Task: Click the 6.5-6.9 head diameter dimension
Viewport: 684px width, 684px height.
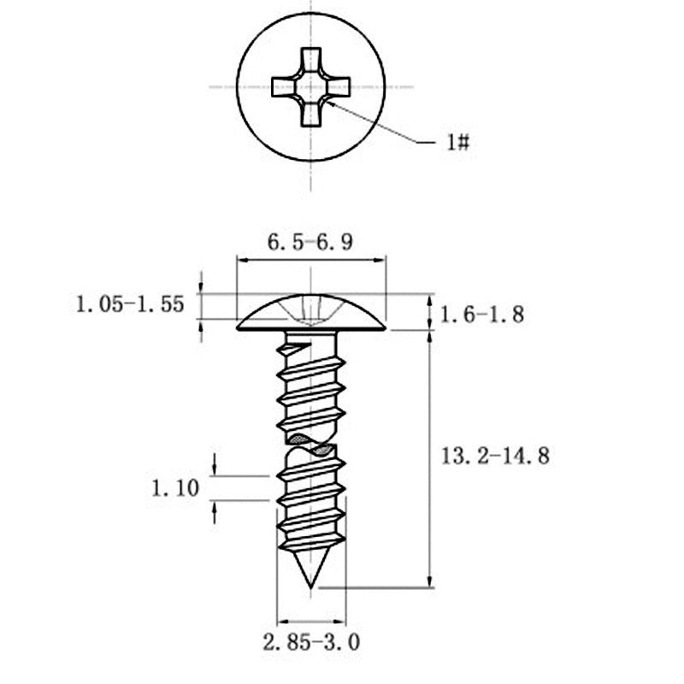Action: [310, 242]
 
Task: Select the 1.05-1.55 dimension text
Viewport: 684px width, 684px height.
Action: [130, 304]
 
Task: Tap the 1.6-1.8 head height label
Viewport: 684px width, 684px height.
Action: [482, 315]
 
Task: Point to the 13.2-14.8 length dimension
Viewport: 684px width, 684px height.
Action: [495, 457]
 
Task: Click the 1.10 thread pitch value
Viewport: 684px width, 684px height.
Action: [175, 487]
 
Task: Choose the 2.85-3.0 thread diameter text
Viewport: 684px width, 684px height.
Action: [311, 642]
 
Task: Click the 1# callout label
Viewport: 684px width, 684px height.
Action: [458, 142]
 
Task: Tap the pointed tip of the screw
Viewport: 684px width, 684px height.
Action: [310, 587]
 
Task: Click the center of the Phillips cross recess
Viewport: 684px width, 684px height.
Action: [310, 87]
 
